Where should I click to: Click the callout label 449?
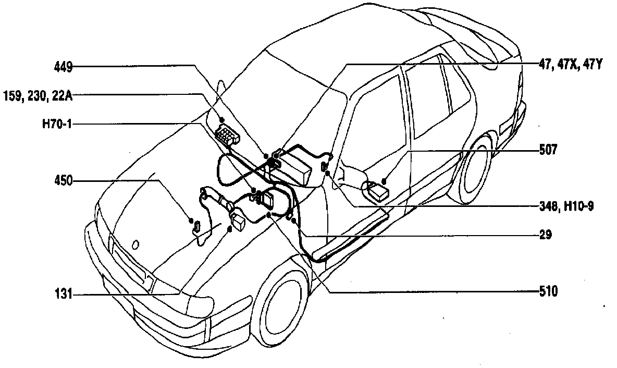coord(64,66)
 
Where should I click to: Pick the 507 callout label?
coord(548,150)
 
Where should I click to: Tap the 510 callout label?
coord(548,291)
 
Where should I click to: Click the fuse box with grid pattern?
coord(228,134)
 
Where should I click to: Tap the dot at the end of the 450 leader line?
coord(191,220)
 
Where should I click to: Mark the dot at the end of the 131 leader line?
coord(230,228)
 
